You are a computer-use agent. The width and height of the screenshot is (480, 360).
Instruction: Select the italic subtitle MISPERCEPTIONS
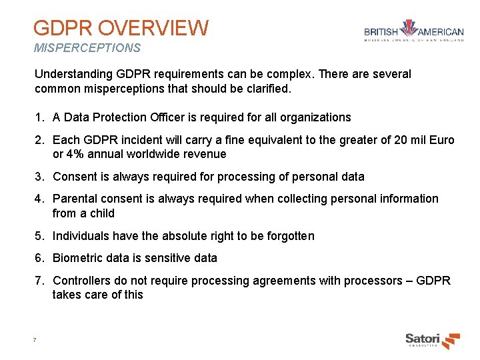87,48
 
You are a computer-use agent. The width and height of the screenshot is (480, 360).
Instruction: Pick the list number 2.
39,140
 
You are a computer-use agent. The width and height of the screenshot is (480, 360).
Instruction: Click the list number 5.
39,236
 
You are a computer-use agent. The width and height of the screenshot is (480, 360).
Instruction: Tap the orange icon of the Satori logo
451,340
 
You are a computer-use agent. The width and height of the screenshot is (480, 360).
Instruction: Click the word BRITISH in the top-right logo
381,31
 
